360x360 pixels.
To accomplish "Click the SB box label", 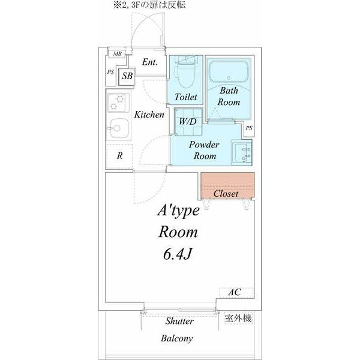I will tap(127, 76).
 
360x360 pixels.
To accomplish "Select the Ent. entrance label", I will tap(150, 62).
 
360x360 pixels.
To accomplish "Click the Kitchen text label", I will tap(149, 114).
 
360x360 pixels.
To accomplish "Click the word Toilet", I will tap(186, 97).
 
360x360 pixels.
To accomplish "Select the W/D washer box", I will tap(188, 121).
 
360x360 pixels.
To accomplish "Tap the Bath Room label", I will tap(229, 97).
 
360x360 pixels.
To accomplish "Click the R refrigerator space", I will tap(120, 155).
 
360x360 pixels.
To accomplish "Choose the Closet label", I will tap(226, 194).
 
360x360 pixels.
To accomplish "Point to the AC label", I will tap(234, 292).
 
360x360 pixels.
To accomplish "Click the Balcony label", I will tap(176, 338).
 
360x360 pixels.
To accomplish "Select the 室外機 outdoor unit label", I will tap(238, 318).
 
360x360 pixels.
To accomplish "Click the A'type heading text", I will tap(178, 211).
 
